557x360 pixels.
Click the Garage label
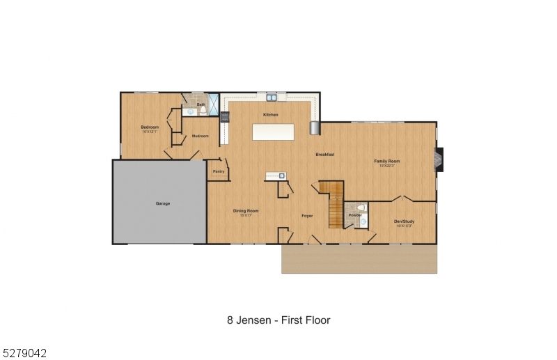click(162, 203)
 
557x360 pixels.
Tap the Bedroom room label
click(150, 127)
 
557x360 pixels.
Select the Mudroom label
click(200, 136)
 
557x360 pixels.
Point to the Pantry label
click(218, 171)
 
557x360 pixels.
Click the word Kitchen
click(270, 115)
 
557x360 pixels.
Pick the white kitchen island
click(272, 132)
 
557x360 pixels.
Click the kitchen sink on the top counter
click(271, 97)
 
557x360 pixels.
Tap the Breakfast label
click(324, 154)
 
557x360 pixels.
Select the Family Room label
click(387, 161)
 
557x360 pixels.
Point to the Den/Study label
click(404, 221)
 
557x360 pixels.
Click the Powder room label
click(354, 215)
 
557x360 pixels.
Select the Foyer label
click(306, 216)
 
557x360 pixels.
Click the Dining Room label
click(245, 211)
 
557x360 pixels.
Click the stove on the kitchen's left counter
click(224, 116)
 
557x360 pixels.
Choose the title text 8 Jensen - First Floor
click(278, 320)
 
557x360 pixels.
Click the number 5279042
click(24, 353)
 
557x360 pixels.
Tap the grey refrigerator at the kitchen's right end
click(315, 128)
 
